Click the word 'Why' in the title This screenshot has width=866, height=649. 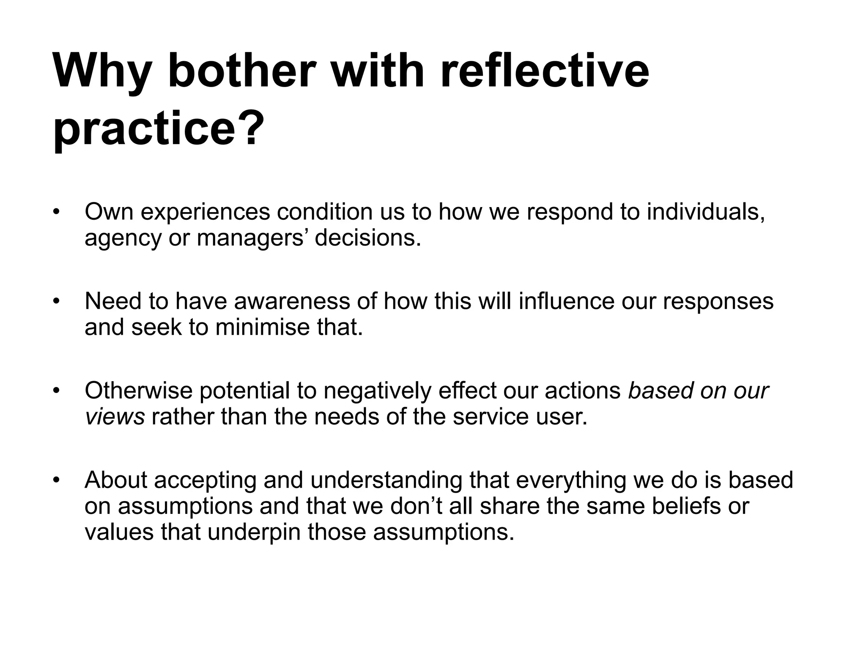coord(101,72)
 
